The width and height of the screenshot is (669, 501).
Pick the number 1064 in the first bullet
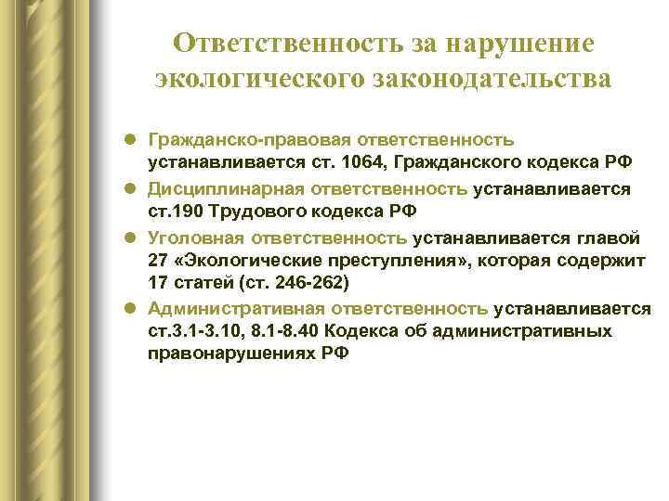pyautogui.click(x=374, y=163)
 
